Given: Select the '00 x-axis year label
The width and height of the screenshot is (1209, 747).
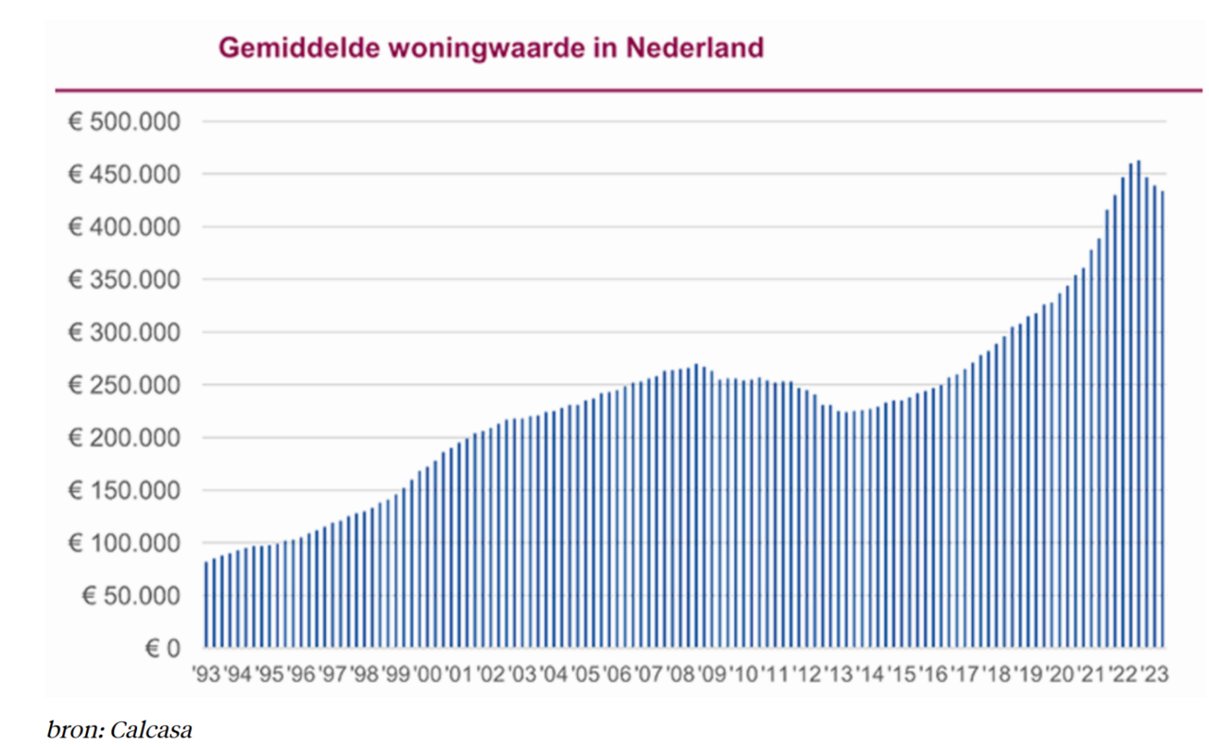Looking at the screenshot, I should click(427, 675).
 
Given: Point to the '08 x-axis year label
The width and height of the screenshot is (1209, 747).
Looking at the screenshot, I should click(681, 675).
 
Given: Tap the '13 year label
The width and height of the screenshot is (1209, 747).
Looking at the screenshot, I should click(839, 675).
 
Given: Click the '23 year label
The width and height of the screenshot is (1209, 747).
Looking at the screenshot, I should click(1153, 675).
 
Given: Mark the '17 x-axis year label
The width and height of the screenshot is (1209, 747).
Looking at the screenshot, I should click(964, 675).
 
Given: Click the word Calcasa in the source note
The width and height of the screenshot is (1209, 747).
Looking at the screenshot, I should click(151, 730).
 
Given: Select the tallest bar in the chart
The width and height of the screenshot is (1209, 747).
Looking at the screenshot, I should click(1138, 406).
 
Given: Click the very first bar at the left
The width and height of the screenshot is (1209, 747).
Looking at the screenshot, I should click(206, 604).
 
